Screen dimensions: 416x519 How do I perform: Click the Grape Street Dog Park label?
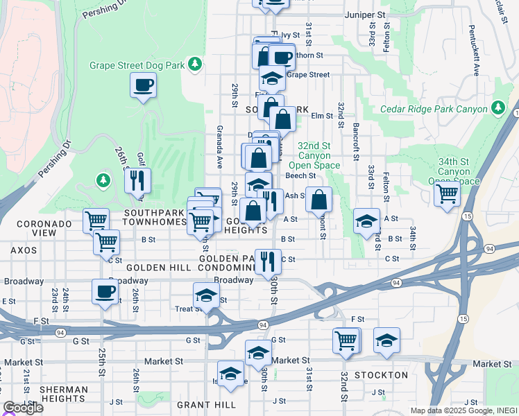point(137,65)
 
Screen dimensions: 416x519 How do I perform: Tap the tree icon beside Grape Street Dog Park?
point(196,64)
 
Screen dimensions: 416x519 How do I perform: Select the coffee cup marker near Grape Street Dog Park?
point(143,85)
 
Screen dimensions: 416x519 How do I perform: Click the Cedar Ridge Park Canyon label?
point(434,109)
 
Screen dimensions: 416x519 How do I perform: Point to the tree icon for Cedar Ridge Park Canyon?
point(497,107)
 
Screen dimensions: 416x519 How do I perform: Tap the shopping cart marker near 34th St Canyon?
point(448,193)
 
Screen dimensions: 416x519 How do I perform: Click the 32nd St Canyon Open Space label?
point(319,156)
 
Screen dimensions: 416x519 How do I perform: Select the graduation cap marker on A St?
point(367,221)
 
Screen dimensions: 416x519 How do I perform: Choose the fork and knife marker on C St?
point(268,261)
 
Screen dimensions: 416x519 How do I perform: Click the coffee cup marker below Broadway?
point(105,291)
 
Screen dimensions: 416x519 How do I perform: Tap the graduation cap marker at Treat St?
point(206,295)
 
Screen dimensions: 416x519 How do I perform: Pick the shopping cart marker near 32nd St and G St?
point(346,340)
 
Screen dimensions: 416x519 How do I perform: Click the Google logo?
point(22,408)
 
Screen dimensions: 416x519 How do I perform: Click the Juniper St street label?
point(365,14)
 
